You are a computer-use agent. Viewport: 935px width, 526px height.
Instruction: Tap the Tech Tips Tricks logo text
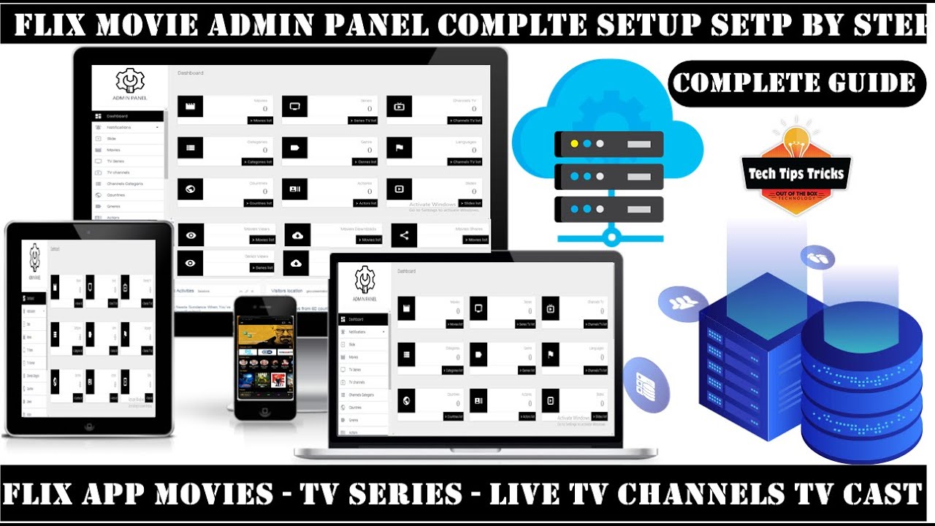pos(795,174)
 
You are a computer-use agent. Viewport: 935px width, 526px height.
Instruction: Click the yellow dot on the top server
pos(574,144)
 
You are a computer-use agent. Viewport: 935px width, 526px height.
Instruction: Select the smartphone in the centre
pos(264,358)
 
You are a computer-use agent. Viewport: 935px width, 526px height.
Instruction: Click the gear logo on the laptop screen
pos(365,281)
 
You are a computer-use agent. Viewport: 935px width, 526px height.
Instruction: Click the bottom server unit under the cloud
pos(609,209)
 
